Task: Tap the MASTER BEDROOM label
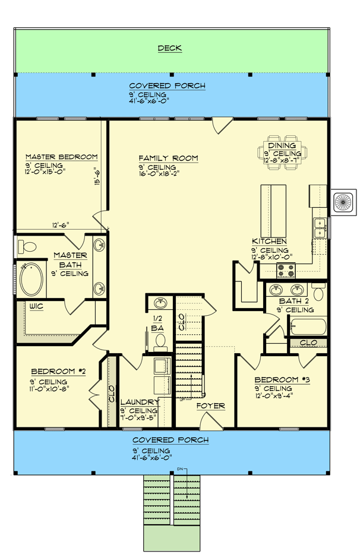[x=61, y=157]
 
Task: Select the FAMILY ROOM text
[x=168, y=158]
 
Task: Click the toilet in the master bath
[x=27, y=246]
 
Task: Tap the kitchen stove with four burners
[x=286, y=271]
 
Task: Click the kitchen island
[x=273, y=210]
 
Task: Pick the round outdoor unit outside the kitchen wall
[x=344, y=203]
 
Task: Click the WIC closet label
[x=36, y=306]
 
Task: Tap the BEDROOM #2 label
[x=59, y=372]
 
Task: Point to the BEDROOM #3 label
[x=282, y=380]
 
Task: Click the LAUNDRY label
[x=138, y=402]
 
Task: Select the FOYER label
[x=211, y=406]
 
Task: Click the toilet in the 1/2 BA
[x=160, y=341]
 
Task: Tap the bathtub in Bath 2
[x=307, y=326]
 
